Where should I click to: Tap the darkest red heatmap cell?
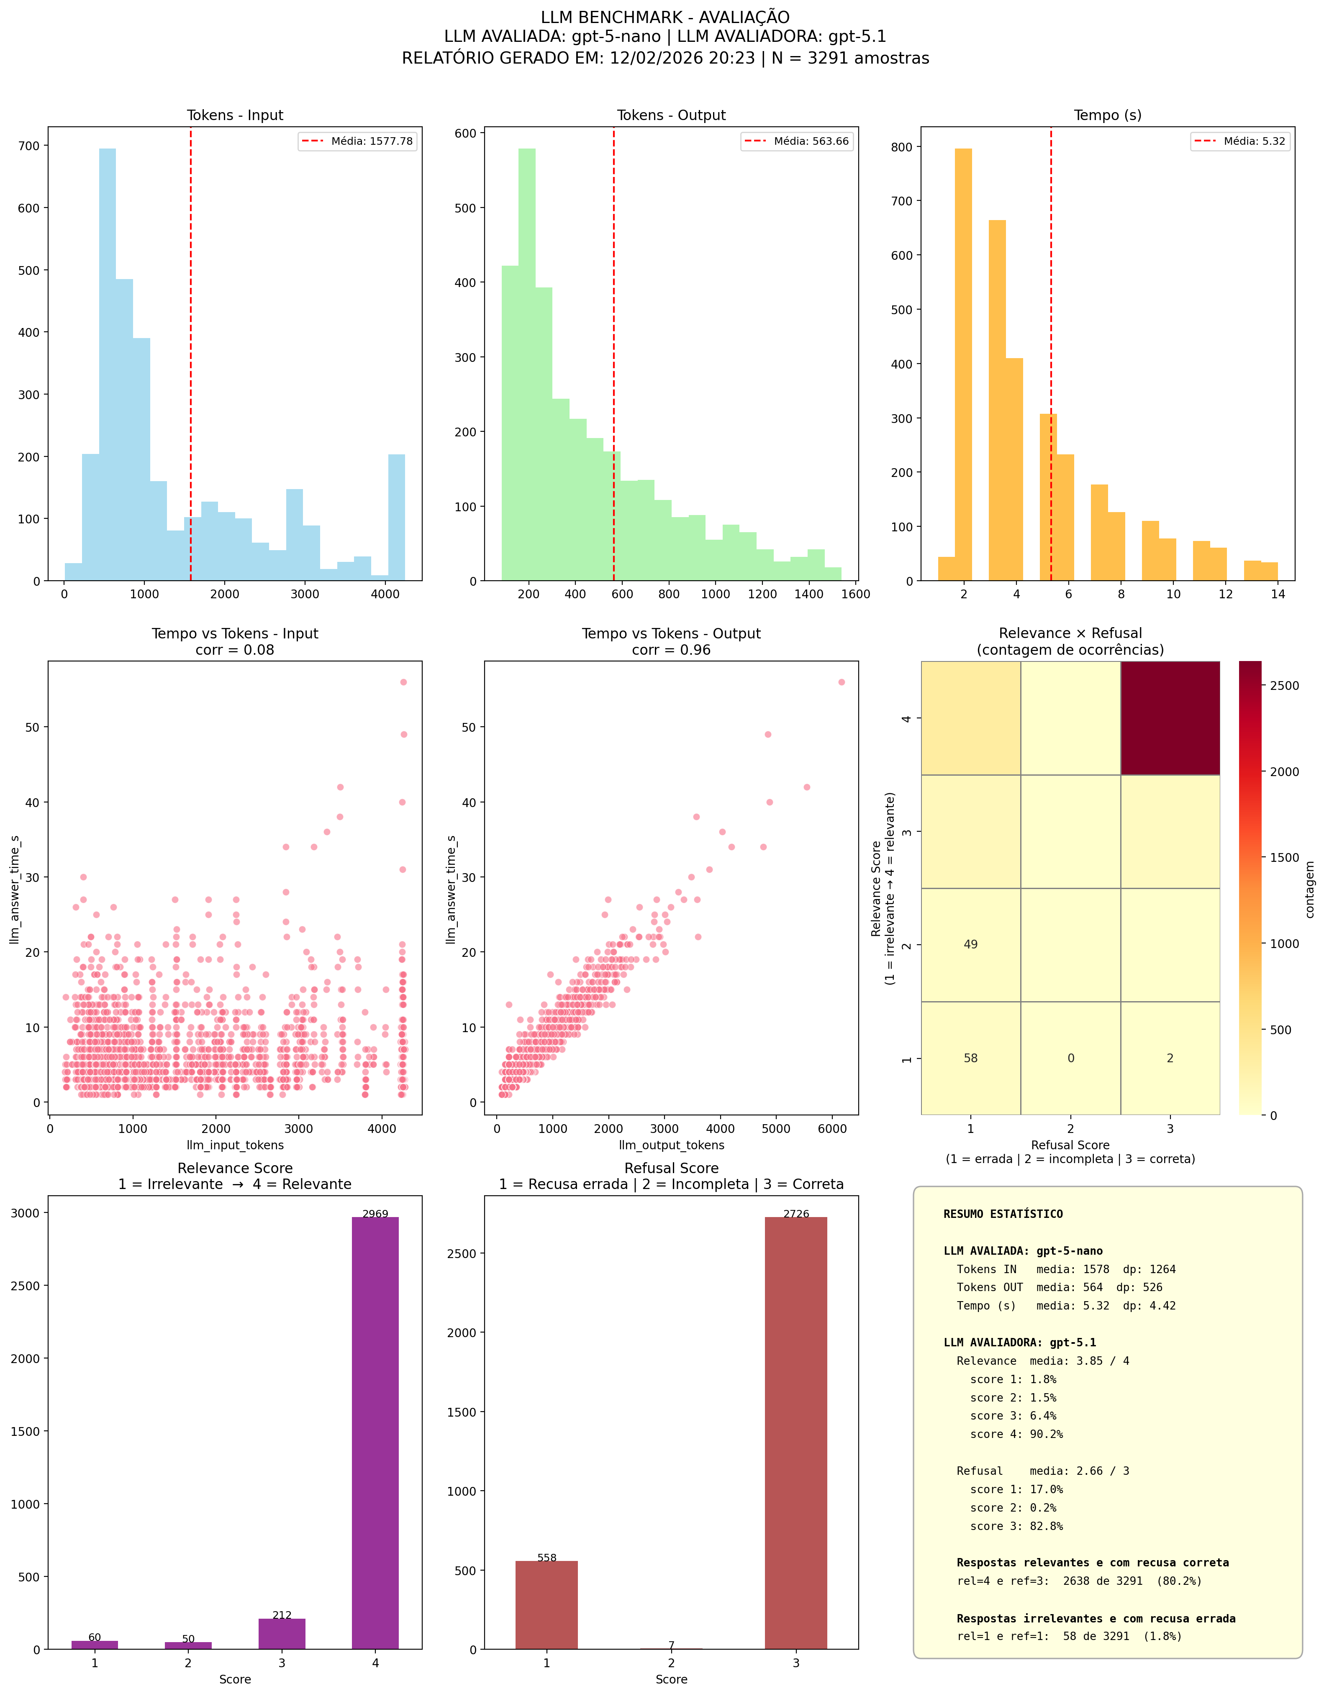1170,718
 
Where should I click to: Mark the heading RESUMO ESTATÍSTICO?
1003,1214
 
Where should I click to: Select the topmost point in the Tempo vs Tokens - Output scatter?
842,682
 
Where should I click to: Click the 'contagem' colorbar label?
1310,889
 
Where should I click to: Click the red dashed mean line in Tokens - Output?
613,349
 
